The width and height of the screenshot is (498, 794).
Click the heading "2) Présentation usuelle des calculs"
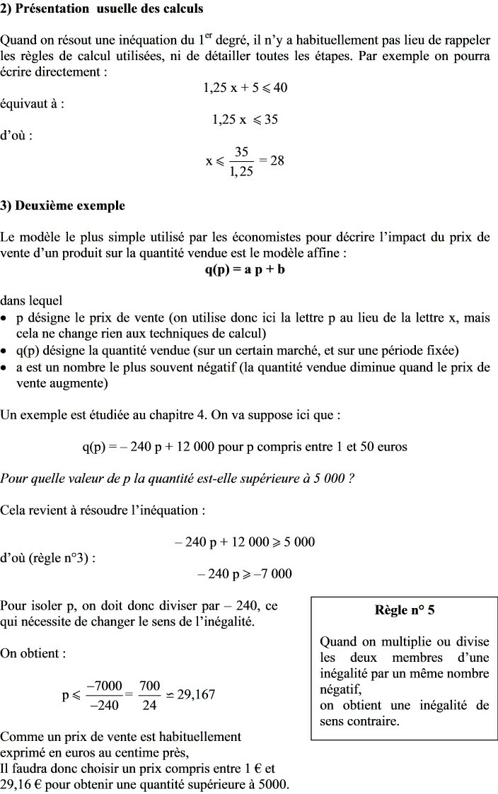pyautogui.click(x=102, y=9)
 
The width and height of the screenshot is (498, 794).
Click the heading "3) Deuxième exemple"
pyautogui.click(x=63, y=206)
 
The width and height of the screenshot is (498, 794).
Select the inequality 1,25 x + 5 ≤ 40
pyautogui.click(x=245, y=88)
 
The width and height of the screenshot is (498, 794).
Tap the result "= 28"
pyautogui.click(x=272, y=160)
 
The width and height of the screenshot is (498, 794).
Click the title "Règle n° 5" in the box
pyautogui.click(x=404, y=610)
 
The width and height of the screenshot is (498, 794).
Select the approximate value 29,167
pyautogui.click(x=196, y=694)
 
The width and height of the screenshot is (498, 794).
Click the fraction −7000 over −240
pyautogui.click(x=104, y=694)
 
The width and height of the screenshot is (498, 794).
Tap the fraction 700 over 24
pyautogui.click(x=150, y=694)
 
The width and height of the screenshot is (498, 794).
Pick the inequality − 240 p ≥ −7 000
pyautogui.click(x=245, y=573)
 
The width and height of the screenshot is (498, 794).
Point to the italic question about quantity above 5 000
pyautogui.click(x=177, y=478)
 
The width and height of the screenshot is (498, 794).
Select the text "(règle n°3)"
pyautogui.click(x=62, y=557)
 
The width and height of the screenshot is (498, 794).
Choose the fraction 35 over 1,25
pyautogui.click(x=241, y=161)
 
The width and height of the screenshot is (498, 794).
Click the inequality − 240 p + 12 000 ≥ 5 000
pyautogui.click(x=245, y=542)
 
